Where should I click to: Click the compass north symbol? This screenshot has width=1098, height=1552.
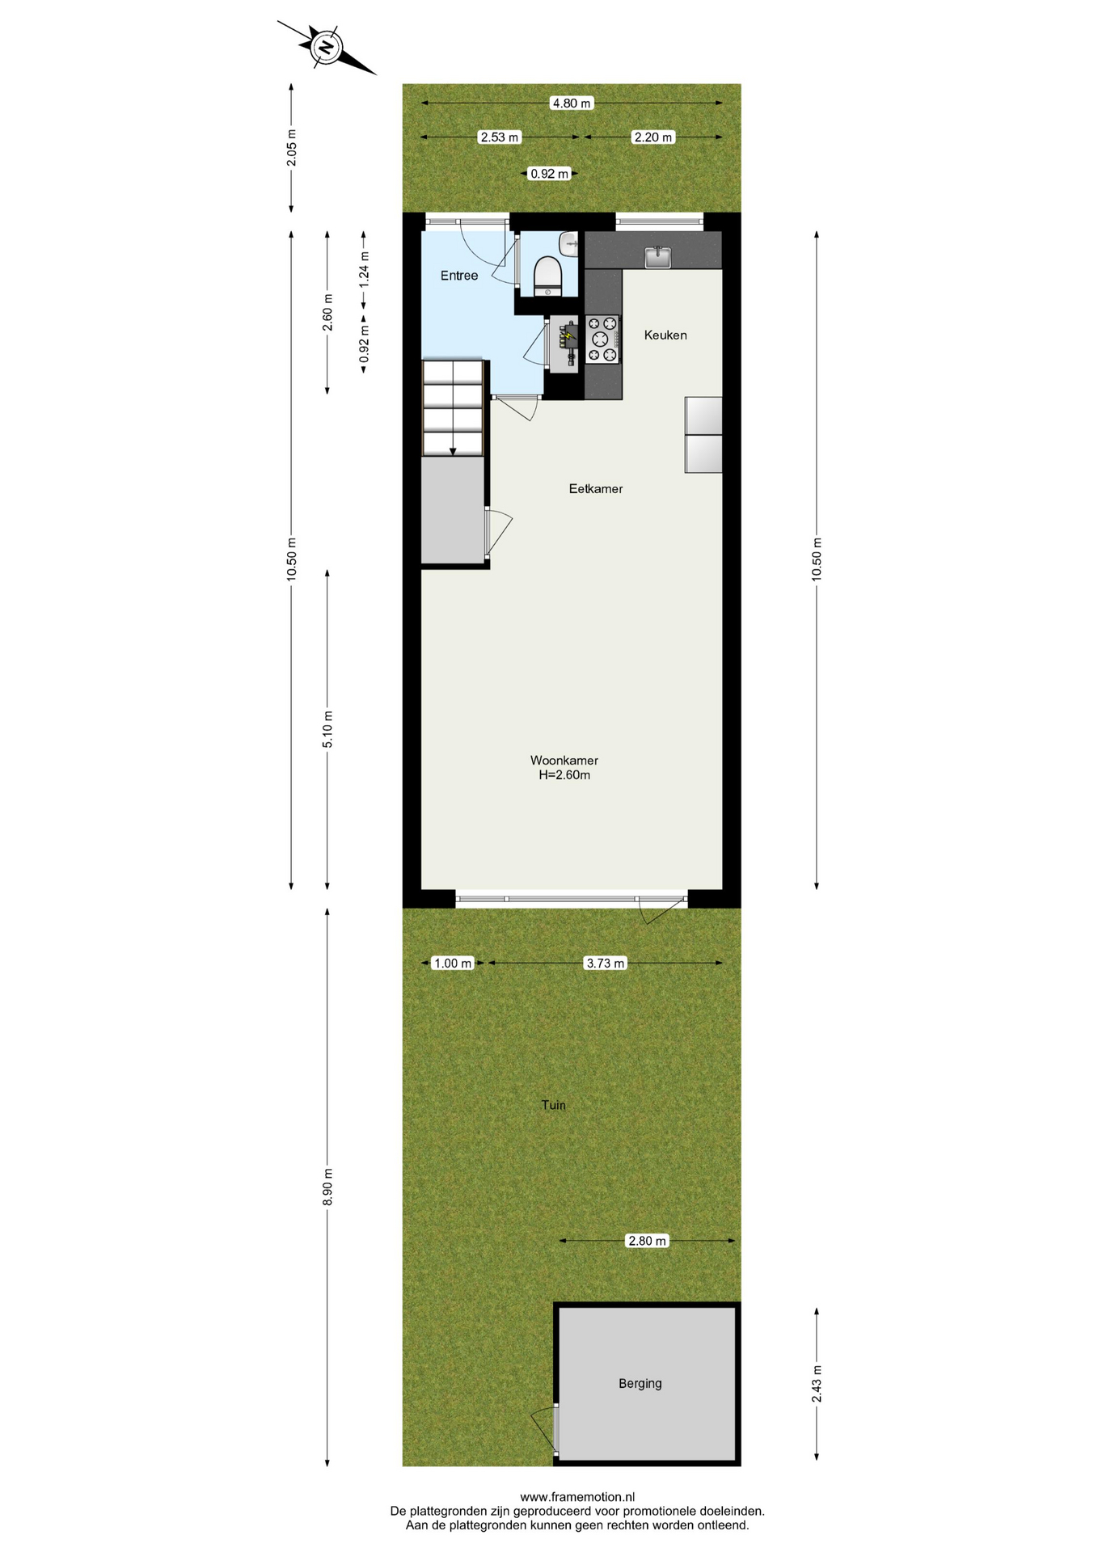pos(326,47)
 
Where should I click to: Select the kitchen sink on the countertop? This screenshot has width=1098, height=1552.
pos(658,257)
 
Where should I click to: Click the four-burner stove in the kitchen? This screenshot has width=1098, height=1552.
pos(602,339)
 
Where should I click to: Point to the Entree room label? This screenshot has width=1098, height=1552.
pos(459,276)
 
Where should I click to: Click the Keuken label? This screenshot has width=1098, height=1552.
pos(665,335)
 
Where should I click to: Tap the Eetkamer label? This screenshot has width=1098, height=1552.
pos(596,488)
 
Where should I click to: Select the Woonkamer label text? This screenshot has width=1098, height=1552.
pos(564,760)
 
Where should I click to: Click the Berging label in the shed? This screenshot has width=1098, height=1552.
pos(640,1383)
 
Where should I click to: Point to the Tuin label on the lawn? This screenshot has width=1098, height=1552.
pos(554,1104)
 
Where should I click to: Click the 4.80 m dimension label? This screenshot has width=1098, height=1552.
pos(572,103)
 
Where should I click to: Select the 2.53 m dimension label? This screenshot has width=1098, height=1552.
pos(500,137)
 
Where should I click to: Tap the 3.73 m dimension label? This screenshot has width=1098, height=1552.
pos(606,963)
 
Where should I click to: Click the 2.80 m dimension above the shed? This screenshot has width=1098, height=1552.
pos(648,1240)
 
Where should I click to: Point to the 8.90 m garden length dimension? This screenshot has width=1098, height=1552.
pos(327,1187)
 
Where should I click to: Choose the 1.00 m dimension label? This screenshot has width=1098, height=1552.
pos(453,963)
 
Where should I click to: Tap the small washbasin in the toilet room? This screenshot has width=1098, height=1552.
pos(570,243)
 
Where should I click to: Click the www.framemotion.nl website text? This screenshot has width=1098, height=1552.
pos(577,1497)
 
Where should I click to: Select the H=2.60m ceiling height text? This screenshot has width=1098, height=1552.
pos(564,775)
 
